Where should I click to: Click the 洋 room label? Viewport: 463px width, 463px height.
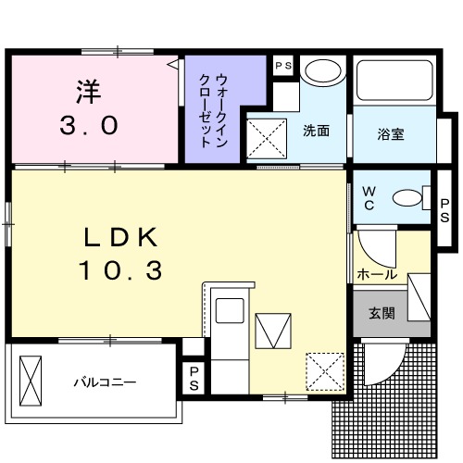[87, 93]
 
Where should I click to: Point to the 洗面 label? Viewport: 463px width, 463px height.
[317, 131]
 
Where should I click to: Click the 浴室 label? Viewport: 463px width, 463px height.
[390, 132]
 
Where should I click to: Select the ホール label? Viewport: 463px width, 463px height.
[377, 275]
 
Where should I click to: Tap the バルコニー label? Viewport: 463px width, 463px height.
[106, 381]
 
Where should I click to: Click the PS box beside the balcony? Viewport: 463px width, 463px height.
[194, 378]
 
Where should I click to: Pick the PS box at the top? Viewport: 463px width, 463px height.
[283, 66]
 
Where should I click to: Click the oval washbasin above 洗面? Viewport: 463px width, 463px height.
[321, 72]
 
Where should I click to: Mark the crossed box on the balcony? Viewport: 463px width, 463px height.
[31, 379]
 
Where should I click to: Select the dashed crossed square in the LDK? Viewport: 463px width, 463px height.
[323, 371]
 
